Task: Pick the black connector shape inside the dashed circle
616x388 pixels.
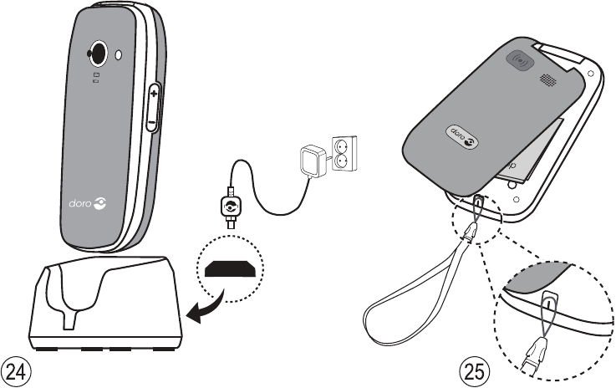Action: tap(229, 271)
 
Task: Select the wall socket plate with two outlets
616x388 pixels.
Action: tap(343, 153)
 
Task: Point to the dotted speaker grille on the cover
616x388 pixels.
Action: tap(547, 80)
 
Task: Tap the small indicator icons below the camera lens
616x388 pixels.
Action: tap(96, 78)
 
